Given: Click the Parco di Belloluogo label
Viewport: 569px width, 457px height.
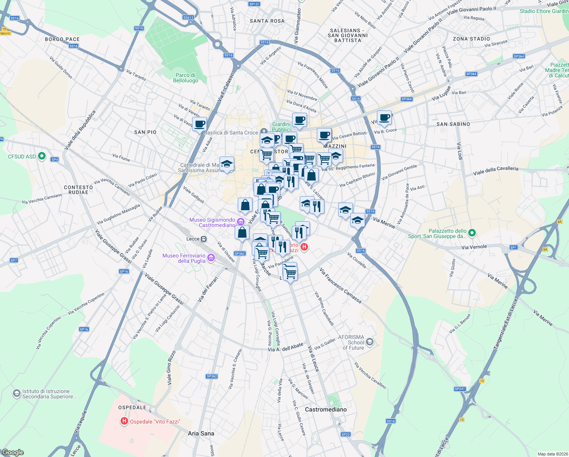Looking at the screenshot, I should (186, 78).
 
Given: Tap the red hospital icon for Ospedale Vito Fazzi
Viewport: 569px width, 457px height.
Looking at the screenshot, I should (124, 421).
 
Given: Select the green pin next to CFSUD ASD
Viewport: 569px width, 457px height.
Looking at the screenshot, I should (42, 156).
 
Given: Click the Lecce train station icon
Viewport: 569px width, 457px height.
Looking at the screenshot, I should (204, 239).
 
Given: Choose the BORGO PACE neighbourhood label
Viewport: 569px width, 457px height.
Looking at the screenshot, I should (62, 39).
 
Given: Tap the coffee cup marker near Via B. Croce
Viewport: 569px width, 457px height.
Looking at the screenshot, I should (384, 117).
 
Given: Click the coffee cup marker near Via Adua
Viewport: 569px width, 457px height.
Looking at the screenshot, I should (199, 124).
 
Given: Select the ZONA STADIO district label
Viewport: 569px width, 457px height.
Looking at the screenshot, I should (471, 39).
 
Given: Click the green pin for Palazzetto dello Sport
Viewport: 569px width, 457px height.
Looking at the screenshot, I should (472, 233).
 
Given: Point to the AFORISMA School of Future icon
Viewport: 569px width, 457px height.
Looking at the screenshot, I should (370, 342).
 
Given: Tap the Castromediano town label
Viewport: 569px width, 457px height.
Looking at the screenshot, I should (326, 409).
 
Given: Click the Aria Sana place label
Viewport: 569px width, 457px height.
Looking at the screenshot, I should (201, 433).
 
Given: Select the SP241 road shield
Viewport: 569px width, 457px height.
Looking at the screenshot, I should (460, 389).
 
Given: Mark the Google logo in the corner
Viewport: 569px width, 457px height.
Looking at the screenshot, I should (13, 452).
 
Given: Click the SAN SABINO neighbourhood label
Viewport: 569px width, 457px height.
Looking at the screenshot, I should (453, 124).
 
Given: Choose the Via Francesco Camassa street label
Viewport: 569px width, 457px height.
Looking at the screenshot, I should (340, 286).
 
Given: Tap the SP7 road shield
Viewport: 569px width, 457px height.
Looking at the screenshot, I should (14, 260).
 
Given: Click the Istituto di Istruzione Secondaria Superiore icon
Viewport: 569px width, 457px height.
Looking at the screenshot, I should (16, 393).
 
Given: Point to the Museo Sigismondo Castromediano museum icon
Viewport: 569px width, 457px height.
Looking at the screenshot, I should (240, 222).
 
